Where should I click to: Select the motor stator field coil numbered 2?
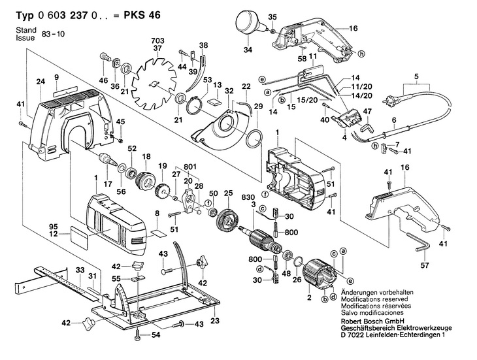[320, 274]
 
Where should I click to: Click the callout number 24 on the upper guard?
[40, 82]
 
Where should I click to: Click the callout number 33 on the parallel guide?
[79, 269]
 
